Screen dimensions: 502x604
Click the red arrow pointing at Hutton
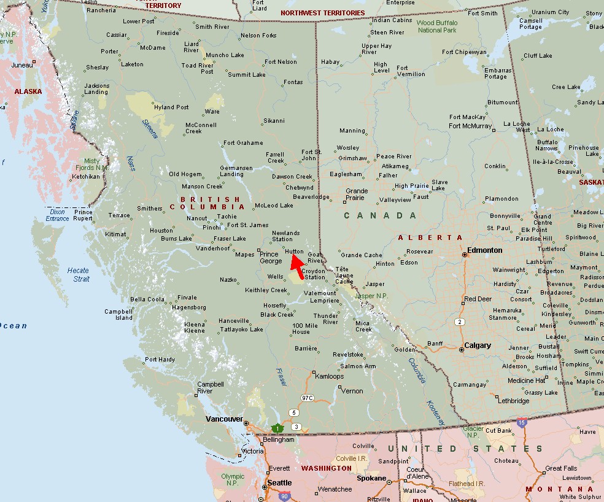point(296,263)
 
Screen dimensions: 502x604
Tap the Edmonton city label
point(484,250)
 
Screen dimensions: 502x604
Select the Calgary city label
point(478,346)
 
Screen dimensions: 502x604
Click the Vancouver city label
point(223,419)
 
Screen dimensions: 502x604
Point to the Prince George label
point(271,257)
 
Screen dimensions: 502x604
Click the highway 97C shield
point(307,398)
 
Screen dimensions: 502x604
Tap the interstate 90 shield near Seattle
point(284,496)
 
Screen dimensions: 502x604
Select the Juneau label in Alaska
point(21,65)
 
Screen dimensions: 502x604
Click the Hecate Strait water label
point(78,274)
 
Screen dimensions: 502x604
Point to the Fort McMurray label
point(471,126)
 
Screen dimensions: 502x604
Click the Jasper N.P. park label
point(373,296)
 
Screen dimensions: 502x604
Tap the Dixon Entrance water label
point(57,215)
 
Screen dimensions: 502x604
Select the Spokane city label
point(372,478)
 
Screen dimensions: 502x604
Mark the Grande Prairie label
point(357,195)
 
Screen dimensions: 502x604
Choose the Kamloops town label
point(329,376)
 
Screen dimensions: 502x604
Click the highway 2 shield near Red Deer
point(459,322)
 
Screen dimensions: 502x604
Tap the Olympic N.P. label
point(232,479)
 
